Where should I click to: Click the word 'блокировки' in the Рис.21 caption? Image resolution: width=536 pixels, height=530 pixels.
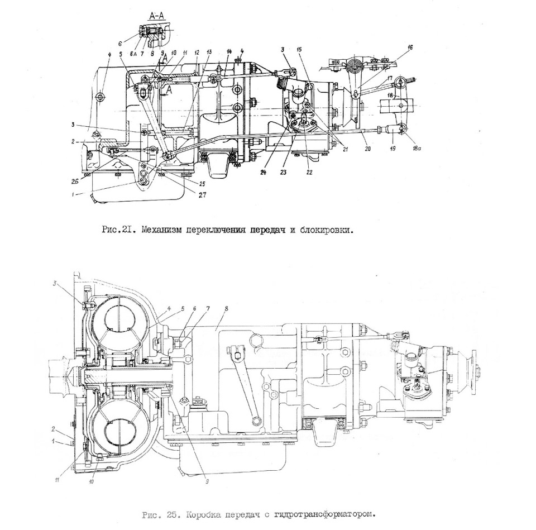click(326, 230)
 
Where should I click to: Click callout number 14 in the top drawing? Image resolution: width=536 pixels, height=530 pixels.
click(229, 51)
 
